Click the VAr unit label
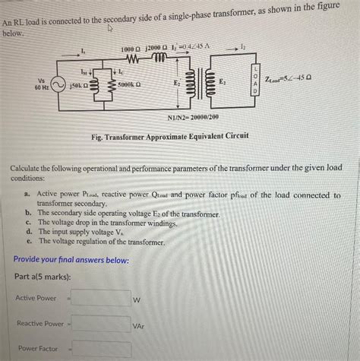pyautogui.click(x=139, y=326)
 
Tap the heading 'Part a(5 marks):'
pyautogui.click(x=43, y=276)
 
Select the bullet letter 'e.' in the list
pyautogui.click(x=28, y=241)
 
